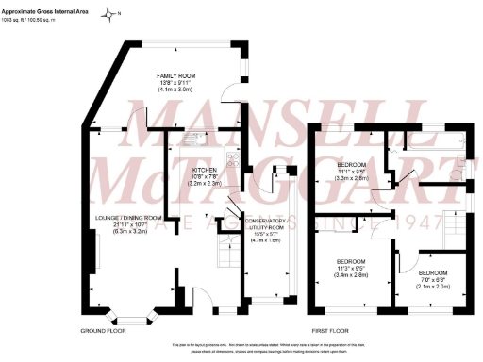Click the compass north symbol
(111, 12)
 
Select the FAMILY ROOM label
(176, 77)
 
